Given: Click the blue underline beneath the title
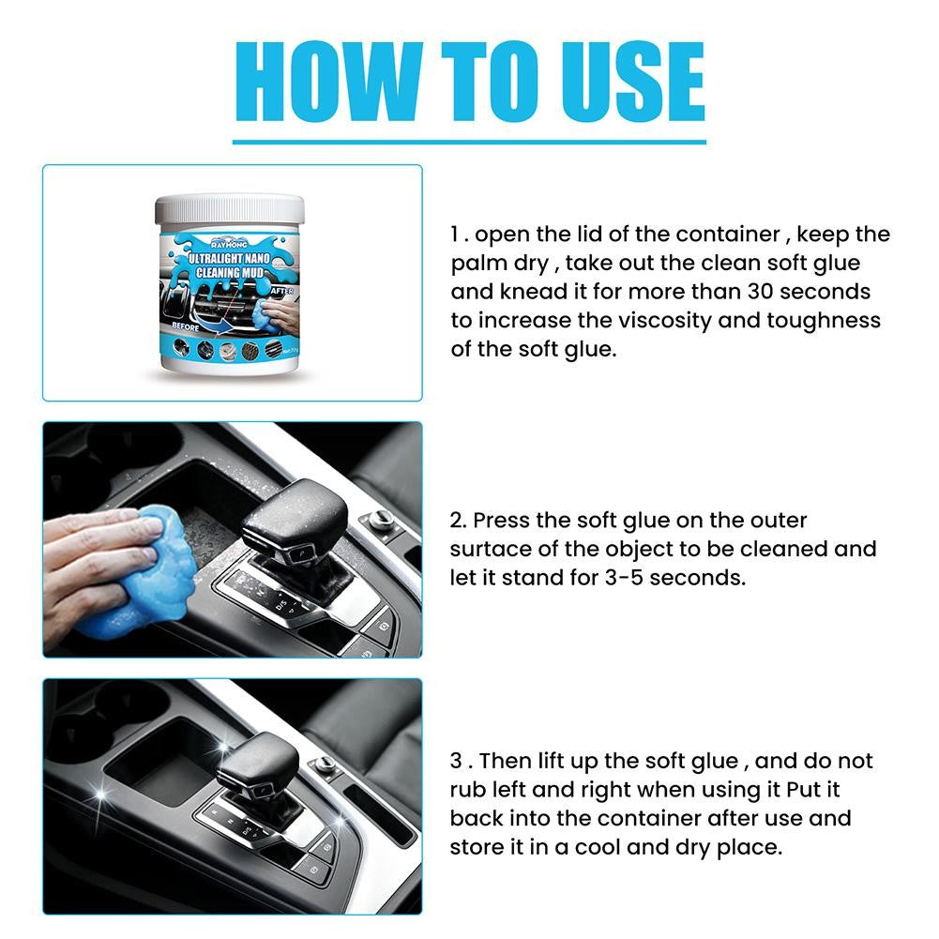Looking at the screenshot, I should pyautogui.click(x=469, y=141).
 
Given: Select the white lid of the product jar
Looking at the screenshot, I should pyautogui.click(x=231, y=207).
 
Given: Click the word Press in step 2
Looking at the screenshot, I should pyautogui.click(x=504, y=520).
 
